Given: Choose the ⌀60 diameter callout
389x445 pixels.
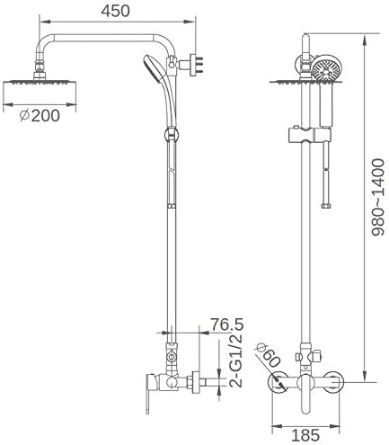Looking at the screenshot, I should click(267, 358).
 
